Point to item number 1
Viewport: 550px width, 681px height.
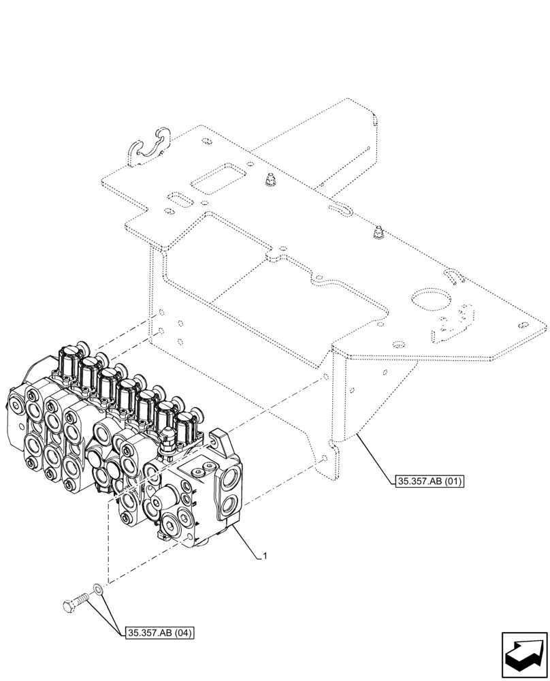(265, 556)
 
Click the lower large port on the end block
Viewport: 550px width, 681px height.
(230, 505)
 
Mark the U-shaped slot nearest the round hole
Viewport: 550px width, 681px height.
(455, 275)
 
